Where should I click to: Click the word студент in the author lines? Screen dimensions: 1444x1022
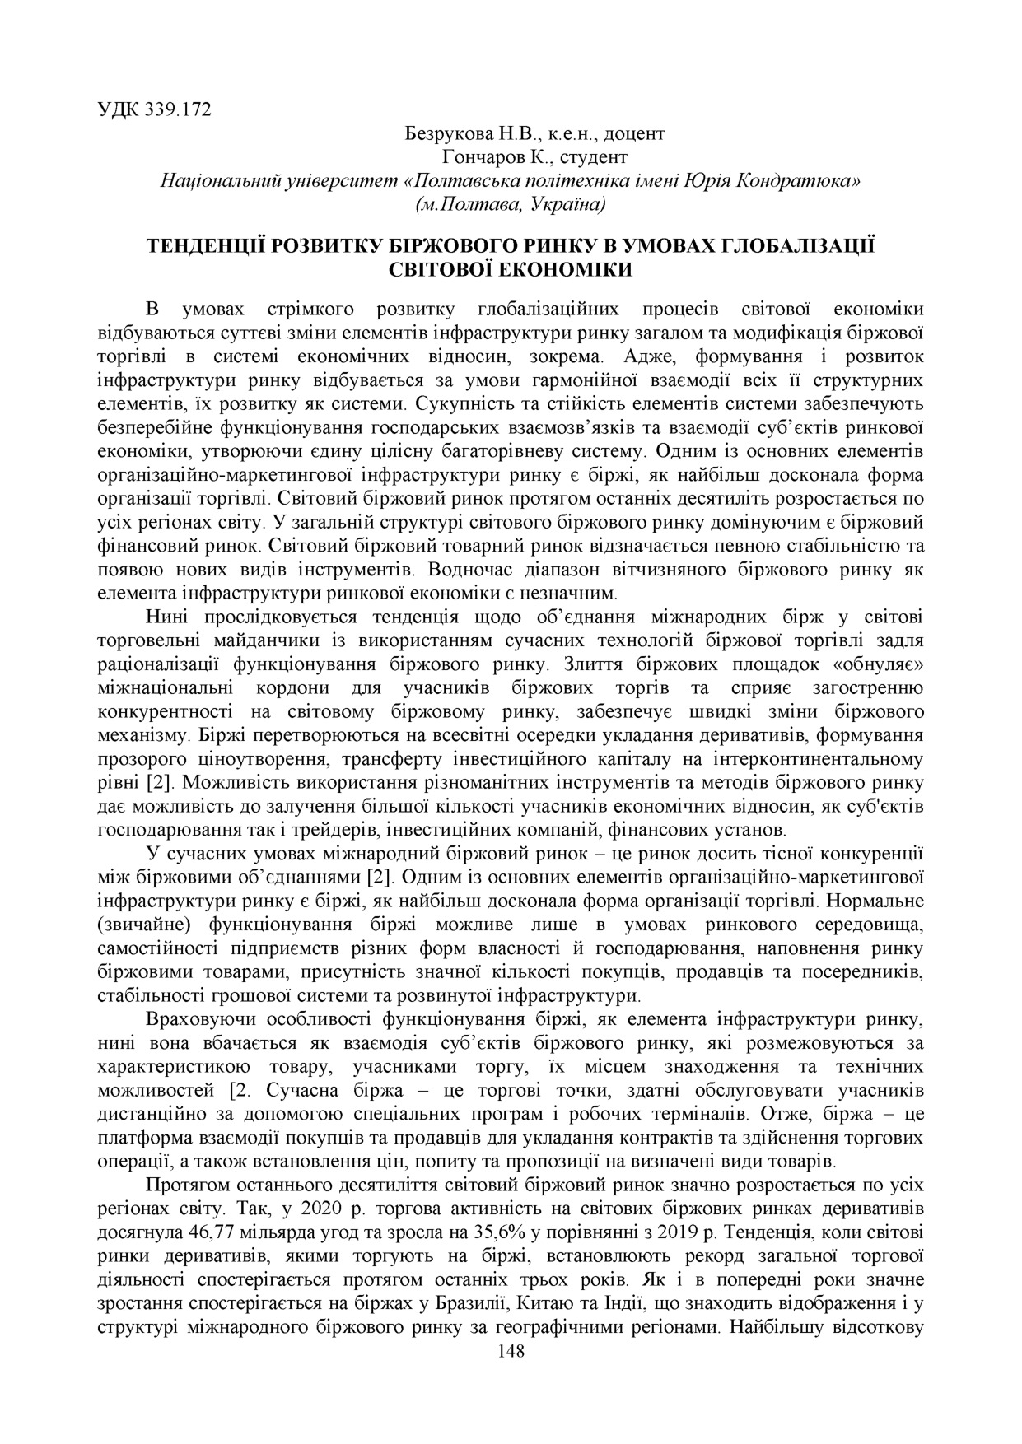pos(593,156)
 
